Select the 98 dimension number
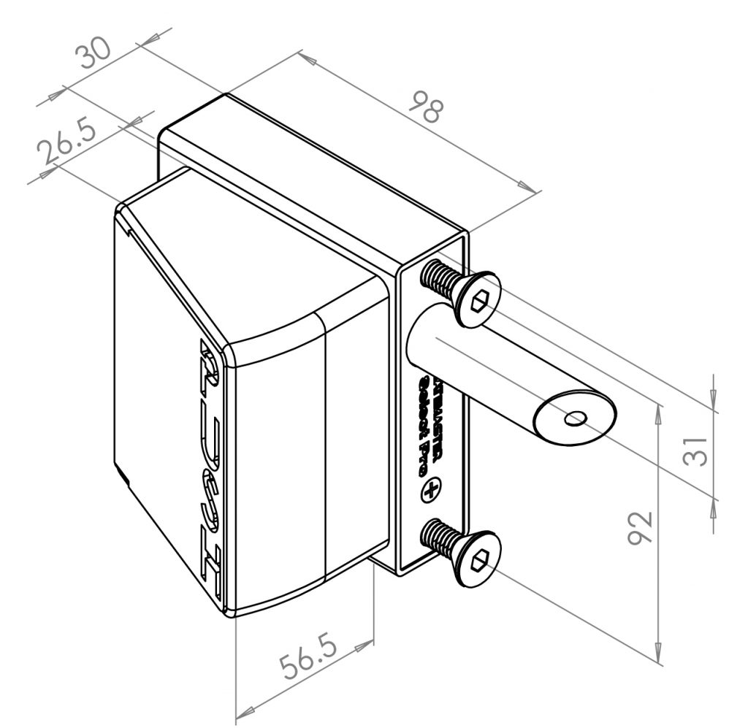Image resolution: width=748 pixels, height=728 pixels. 425,107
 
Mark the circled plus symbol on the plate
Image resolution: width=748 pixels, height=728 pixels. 432,491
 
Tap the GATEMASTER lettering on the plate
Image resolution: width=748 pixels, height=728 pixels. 438,416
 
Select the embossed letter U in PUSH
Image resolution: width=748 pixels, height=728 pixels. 210,431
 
